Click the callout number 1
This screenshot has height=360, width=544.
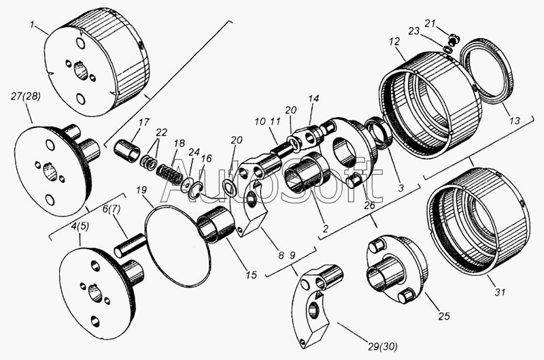[32, 25]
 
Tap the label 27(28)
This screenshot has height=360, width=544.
[25, 97]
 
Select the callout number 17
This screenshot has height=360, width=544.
[143, 122]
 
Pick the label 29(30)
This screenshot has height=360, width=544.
[381, 346]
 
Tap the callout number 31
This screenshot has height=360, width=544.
[500, 293]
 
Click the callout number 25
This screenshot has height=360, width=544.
[444, 316]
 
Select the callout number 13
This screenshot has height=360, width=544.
[515, 120]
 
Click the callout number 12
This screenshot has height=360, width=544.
[394, 42]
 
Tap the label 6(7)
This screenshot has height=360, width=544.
[111, 210]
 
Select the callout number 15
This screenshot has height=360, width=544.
[252, 275]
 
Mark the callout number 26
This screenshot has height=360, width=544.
[369, 205]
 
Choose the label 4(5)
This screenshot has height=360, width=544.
[80, 226]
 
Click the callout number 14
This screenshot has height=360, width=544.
[313, 99]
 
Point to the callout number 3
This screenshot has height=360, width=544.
[401, 188]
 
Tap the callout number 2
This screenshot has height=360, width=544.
[325, 229]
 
